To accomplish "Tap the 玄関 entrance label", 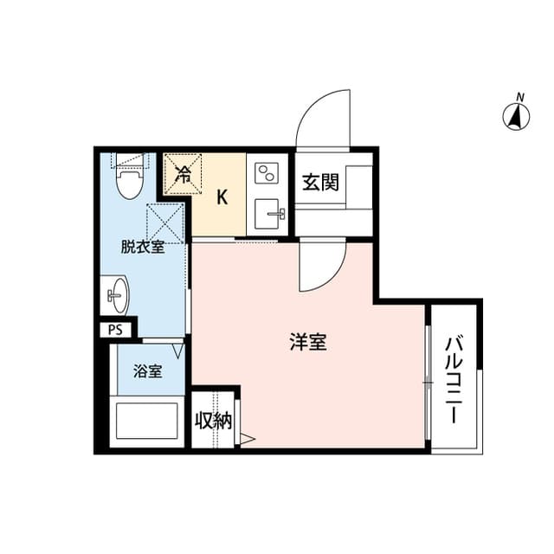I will [x=319, y=183].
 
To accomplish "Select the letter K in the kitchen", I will [x=222, y=196].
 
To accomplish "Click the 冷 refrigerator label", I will [x=183, y=172].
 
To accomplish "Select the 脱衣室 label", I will [x=143, y=248].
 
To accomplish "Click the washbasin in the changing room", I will [x=116, y=296].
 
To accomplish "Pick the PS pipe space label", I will [x=114, y=329].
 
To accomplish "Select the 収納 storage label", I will [x=213, y=422].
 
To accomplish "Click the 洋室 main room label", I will [x=307, y=343].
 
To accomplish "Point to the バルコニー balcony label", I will [x=453, y=377].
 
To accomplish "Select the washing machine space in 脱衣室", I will [x=165, y=222].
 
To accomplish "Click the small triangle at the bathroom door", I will [x=178, y=351].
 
